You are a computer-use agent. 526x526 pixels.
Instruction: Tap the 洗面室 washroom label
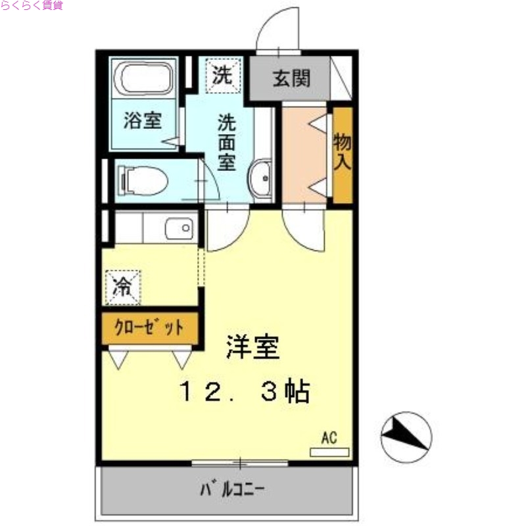tap(227, 142)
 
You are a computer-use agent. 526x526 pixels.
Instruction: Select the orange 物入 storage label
tap(342, 152)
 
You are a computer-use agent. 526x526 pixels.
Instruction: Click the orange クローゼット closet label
tap(149, 327)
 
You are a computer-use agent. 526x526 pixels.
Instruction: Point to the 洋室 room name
tap(253, 347)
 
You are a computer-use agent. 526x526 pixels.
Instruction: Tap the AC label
tap(329, 437)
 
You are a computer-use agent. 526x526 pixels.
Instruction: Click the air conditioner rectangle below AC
tap(329, 452)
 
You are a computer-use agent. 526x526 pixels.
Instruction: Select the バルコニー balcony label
tap(233, 489)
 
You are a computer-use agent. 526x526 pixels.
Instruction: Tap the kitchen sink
tap(179, 229)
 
